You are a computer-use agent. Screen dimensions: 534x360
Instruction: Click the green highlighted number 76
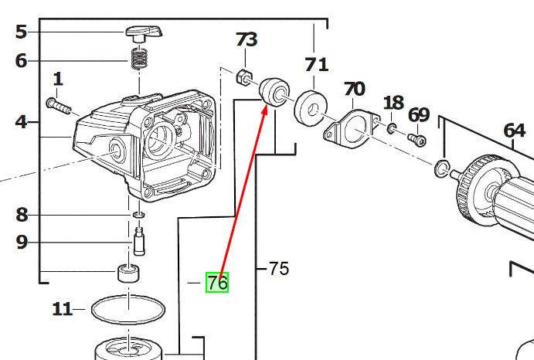tap(217, 282)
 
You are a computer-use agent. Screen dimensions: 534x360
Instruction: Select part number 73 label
tap(247, 39)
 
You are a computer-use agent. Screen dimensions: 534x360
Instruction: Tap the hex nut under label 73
tap(244, 77)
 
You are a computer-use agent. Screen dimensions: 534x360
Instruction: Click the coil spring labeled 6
tap(139, 58)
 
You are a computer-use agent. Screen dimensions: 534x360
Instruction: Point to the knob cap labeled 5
tap(144, 33)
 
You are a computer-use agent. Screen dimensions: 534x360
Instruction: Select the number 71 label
tap(316, 64)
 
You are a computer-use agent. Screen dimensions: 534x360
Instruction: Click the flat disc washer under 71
tap(310, 108)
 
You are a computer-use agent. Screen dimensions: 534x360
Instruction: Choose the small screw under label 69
tap(417, 139)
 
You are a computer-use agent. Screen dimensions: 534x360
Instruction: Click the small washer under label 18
tap(391, 128)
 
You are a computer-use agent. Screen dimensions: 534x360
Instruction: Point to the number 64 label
tap(514, 131)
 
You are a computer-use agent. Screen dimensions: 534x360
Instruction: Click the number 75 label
tap(278, 269)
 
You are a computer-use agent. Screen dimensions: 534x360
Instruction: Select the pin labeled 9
tap(139, 242)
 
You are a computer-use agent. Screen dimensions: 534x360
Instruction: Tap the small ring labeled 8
tap(138, 215)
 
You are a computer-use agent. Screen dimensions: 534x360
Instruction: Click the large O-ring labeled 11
tap(128, 310)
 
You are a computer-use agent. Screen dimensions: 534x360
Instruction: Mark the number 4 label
tap(21, 122)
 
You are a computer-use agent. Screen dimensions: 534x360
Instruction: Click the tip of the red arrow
tap(267, 106)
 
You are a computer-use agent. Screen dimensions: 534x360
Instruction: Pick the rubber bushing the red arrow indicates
tap(274, 92)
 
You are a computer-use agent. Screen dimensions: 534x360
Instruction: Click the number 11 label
tap(62, 309)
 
